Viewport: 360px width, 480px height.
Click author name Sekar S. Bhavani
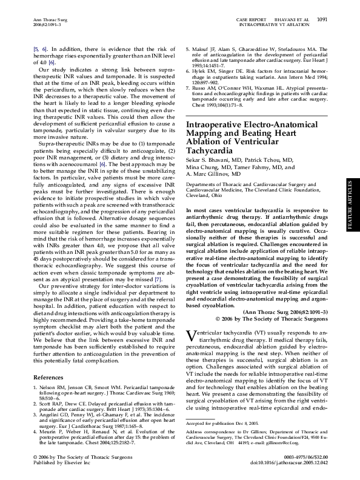click(x=209, y=161)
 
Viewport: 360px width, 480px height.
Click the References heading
click(x=49, y=377)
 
